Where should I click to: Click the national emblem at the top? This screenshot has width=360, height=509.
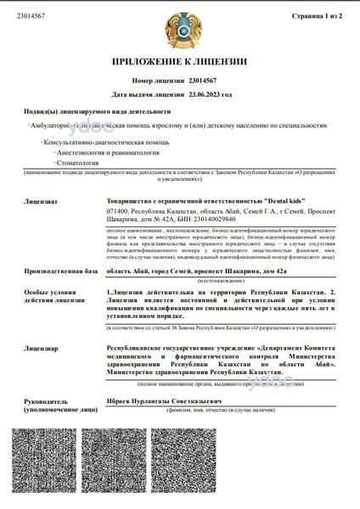click(x=181, y=31)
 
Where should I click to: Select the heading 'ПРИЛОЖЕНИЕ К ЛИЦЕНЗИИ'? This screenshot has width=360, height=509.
click(x=181, y=62)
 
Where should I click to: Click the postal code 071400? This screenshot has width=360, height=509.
click(x=117, y=209)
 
